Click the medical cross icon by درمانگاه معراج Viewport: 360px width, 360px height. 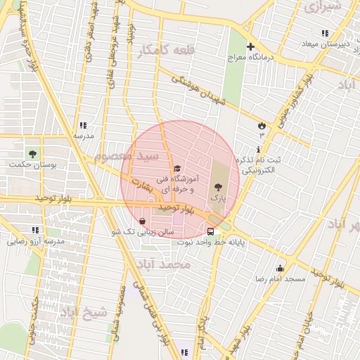click(x=250, y=47)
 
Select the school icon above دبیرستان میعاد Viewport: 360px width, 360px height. click(x=325, y=33)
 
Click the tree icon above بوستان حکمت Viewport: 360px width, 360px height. click(x=32, y=153)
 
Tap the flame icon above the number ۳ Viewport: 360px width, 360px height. click(x=262, y=123)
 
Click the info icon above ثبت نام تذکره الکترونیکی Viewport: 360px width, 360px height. click(x=259, y=149)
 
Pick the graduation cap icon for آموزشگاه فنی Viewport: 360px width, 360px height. click(x=177, y=168)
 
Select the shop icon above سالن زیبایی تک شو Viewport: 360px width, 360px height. click(x=143, y=221)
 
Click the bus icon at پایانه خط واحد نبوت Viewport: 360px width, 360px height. click(x=211, y=231)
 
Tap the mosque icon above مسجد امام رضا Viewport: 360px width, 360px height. click(x=280, y=268)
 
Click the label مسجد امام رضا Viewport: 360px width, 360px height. click(x=281, y=279)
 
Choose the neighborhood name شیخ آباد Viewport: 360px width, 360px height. click(x=84, y=311)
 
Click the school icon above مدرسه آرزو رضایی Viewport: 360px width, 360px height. click(x=35, y=230)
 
